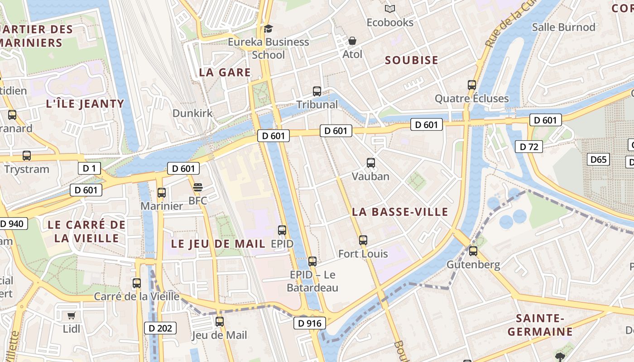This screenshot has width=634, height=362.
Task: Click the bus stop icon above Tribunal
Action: pos(317,91)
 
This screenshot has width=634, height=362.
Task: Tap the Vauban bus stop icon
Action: pos(371,163)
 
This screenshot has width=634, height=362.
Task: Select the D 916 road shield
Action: pos(310,323)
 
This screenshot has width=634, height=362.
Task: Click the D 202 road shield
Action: pos(160,328)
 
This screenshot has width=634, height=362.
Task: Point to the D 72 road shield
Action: pos(528,147)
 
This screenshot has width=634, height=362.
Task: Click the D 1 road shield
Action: pos(89,168)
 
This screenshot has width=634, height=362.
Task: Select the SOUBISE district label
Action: pos(411,60)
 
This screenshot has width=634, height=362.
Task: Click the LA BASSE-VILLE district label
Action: pos(400,212)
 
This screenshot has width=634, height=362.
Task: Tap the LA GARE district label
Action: pos(225,72)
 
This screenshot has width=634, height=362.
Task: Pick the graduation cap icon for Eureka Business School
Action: pos(269,29)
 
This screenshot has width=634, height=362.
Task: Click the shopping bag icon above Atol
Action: pos(352,41)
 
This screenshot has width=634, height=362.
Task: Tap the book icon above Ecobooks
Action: pos(390,9)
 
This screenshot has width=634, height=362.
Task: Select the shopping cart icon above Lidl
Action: pos(71,315)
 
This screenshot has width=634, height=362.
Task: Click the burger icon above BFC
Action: pos(198,187)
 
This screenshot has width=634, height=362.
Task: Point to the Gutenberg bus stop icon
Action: pos(473,251)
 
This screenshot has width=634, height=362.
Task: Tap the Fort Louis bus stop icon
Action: pos(363,240)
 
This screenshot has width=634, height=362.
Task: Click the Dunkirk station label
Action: pos(192,113)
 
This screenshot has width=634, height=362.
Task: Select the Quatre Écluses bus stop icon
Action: pos(472,85)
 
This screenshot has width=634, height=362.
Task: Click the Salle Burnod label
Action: pos(563,27)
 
